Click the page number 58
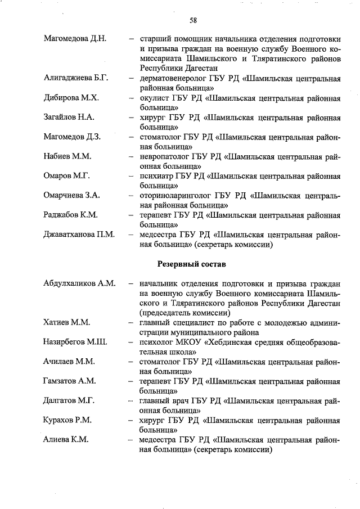[x=193, y=21]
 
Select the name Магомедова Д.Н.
[x=75, y=39]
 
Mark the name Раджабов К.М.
[x=71, y=215]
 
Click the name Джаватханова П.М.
[x=79, y=235]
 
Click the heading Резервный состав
[x=192, y=263]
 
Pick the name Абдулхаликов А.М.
[x=79, y=283]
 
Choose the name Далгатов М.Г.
[x=69, y=400]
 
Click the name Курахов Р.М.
[x=67, y=420]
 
